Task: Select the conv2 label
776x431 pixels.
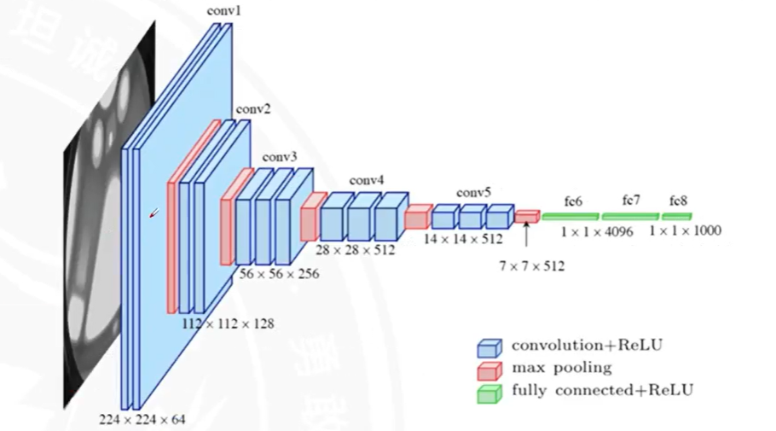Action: coord(253,109)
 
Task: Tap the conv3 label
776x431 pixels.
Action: coord(280,157)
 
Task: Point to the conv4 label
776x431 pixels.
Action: coord(367,181)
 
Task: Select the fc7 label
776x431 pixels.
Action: coord(631,201)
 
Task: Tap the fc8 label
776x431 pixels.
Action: coord(678,201)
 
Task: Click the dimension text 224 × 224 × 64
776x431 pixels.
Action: coord(142,419)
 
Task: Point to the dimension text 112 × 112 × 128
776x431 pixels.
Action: coord(228,324)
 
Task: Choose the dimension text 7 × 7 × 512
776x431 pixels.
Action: coord(532,266)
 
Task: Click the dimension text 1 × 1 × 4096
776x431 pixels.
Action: coord(597,231)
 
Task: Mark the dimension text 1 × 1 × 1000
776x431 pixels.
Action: coord(685,230)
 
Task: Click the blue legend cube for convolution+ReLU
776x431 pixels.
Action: coord(488,347)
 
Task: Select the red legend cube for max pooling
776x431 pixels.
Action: coord(488,370)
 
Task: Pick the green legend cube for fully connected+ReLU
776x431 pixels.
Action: coord(488,393)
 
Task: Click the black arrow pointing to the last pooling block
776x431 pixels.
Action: coord(527,232)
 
